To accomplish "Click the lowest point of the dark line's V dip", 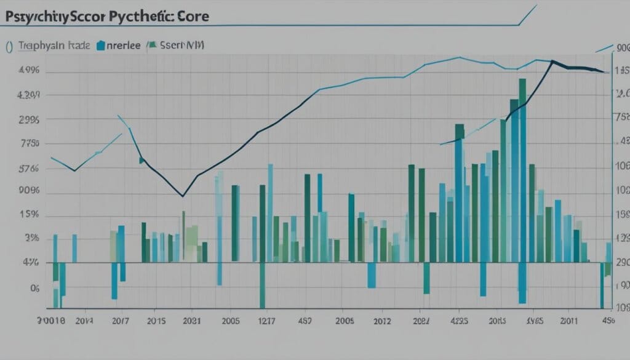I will [x=183, y=196].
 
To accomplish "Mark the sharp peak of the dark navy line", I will [x=552, y=61].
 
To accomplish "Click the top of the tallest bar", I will [x=522, y=79].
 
